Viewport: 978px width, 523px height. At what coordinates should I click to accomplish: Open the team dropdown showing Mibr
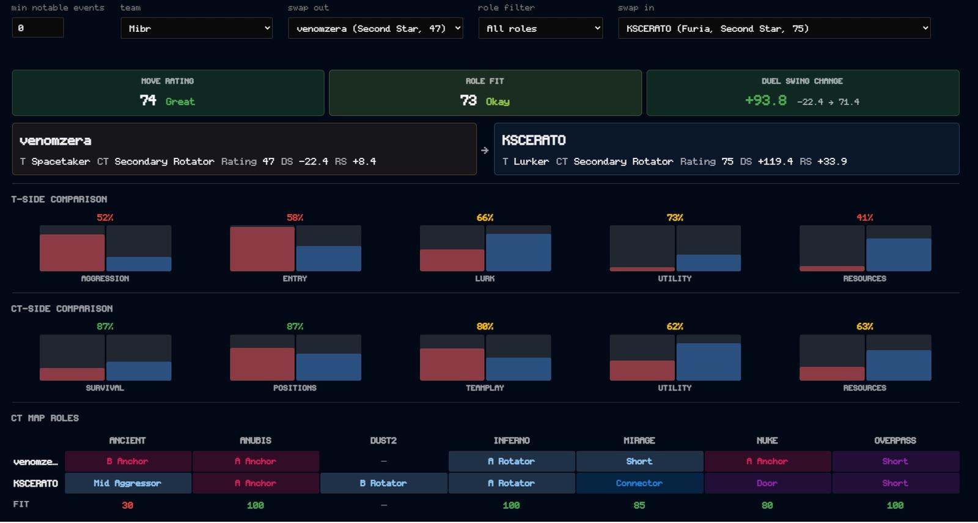[196, 28]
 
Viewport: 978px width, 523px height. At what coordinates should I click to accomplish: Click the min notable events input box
[38, 28]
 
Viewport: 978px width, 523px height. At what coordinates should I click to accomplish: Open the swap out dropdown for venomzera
[375, 28]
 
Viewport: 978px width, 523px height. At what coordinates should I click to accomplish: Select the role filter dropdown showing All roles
[540, 28]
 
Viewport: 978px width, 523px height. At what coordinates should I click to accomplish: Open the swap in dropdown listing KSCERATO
[774, 28]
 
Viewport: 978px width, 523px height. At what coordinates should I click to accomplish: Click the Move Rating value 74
[148, 100]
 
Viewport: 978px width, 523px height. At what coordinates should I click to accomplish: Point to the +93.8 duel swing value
[766, 100]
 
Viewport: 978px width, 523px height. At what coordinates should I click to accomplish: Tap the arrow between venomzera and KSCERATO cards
[485, 150]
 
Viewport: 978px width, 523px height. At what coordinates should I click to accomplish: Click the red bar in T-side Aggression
[72, 253]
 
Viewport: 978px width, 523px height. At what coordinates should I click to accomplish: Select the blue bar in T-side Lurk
[519, 253]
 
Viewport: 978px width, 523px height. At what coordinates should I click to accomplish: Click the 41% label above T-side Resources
[864, 218]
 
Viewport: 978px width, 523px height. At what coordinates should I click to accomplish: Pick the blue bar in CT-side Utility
[708, 362]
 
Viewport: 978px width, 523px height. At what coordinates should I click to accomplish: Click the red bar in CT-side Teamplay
[452, 364]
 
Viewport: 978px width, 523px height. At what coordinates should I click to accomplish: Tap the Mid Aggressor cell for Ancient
[128, 483]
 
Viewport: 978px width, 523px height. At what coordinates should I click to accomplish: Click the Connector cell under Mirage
[639, 483]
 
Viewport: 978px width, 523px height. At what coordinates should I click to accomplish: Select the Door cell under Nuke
[767, 483]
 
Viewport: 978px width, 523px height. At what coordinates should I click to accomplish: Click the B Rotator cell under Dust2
[383, 483]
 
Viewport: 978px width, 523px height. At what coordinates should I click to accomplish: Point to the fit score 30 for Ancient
[128, 505]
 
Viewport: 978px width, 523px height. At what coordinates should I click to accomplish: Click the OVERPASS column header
[895, 440]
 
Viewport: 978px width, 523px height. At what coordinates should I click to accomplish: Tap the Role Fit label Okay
[498, 102]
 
